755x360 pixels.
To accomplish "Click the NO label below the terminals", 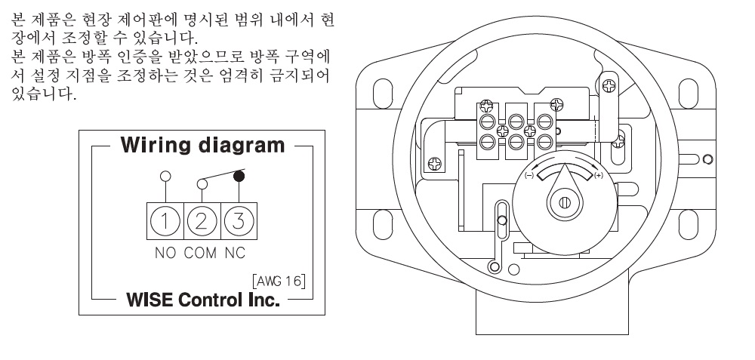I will pyautogui.click(x=166, y=253).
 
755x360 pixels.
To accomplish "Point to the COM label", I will pyautogui.click(x=200, y=253).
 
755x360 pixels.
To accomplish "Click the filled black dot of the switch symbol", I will pyautogui.click(x=239, y=177).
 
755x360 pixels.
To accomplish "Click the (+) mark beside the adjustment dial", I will pyautogui.click(x=599, y=176).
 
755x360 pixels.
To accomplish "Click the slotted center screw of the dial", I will pyautogui.click(x=564, y=202).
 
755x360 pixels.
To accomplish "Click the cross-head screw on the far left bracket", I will pyautogui.click(x=436, y=162).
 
